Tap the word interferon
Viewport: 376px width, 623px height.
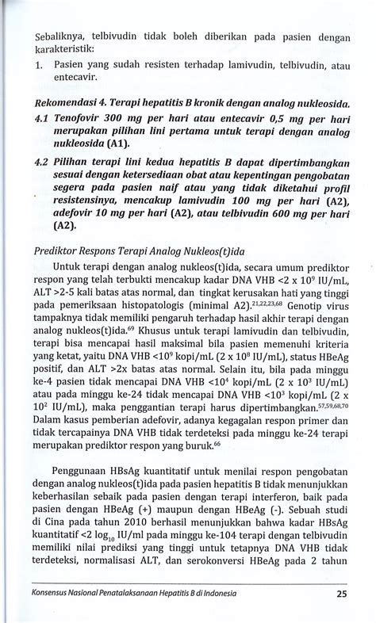(x=258, y=513)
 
